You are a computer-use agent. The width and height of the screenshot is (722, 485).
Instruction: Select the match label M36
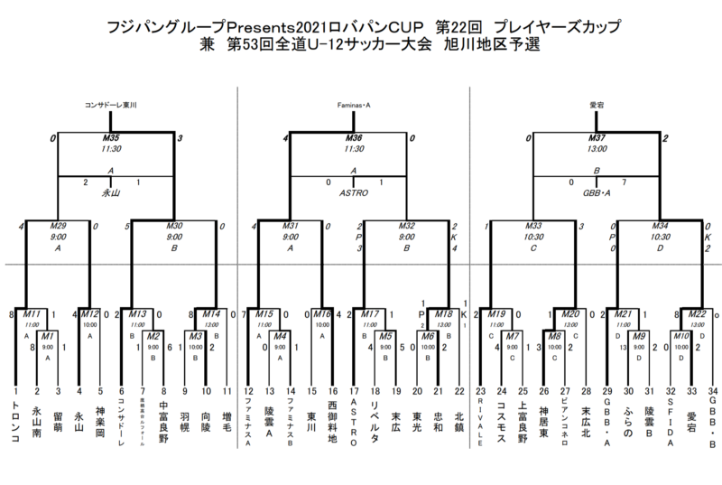tap(354, 138)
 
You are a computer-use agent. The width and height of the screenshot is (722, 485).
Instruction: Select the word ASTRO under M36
tap(354, 192)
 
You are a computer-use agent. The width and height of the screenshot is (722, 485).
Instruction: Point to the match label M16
tap(324, 313)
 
